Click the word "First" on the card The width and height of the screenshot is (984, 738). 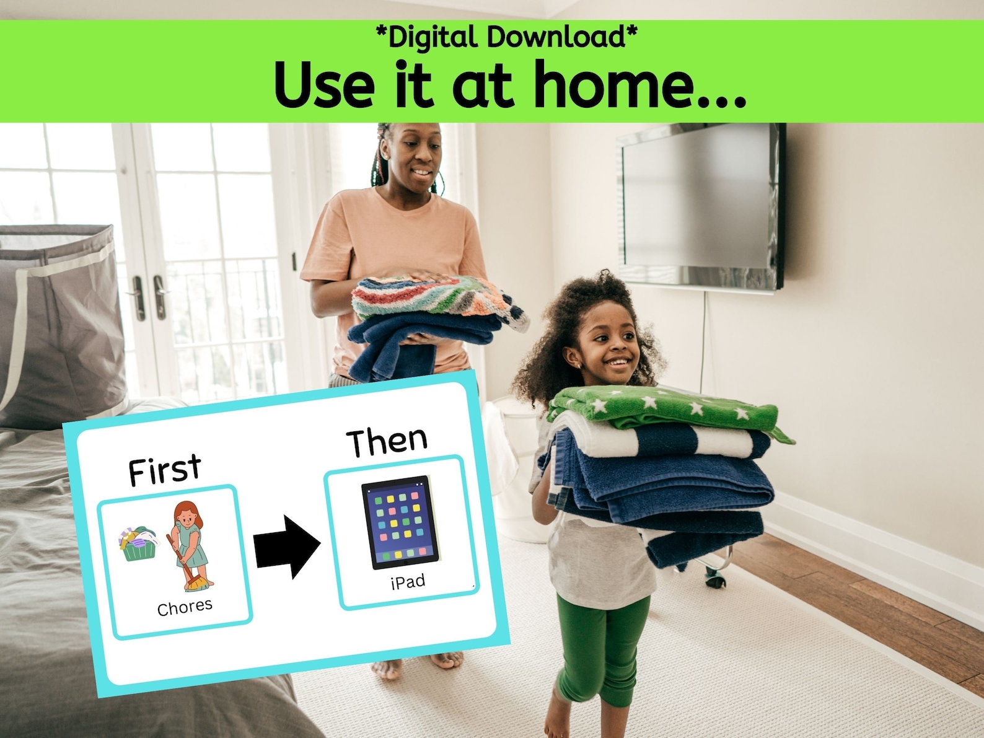(164, 470)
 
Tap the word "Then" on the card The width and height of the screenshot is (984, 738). (387, 441)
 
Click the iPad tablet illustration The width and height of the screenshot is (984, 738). (400, 522)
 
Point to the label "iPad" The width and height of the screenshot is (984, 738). (408, 581)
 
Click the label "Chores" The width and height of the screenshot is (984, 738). (185, 607)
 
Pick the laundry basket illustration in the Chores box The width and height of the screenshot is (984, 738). (138, 543)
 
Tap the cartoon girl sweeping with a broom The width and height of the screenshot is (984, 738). (190, 545)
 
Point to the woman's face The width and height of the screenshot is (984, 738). (414, 155)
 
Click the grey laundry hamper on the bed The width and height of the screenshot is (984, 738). (59, 322)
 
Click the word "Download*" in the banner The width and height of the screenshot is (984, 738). (562, 37)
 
